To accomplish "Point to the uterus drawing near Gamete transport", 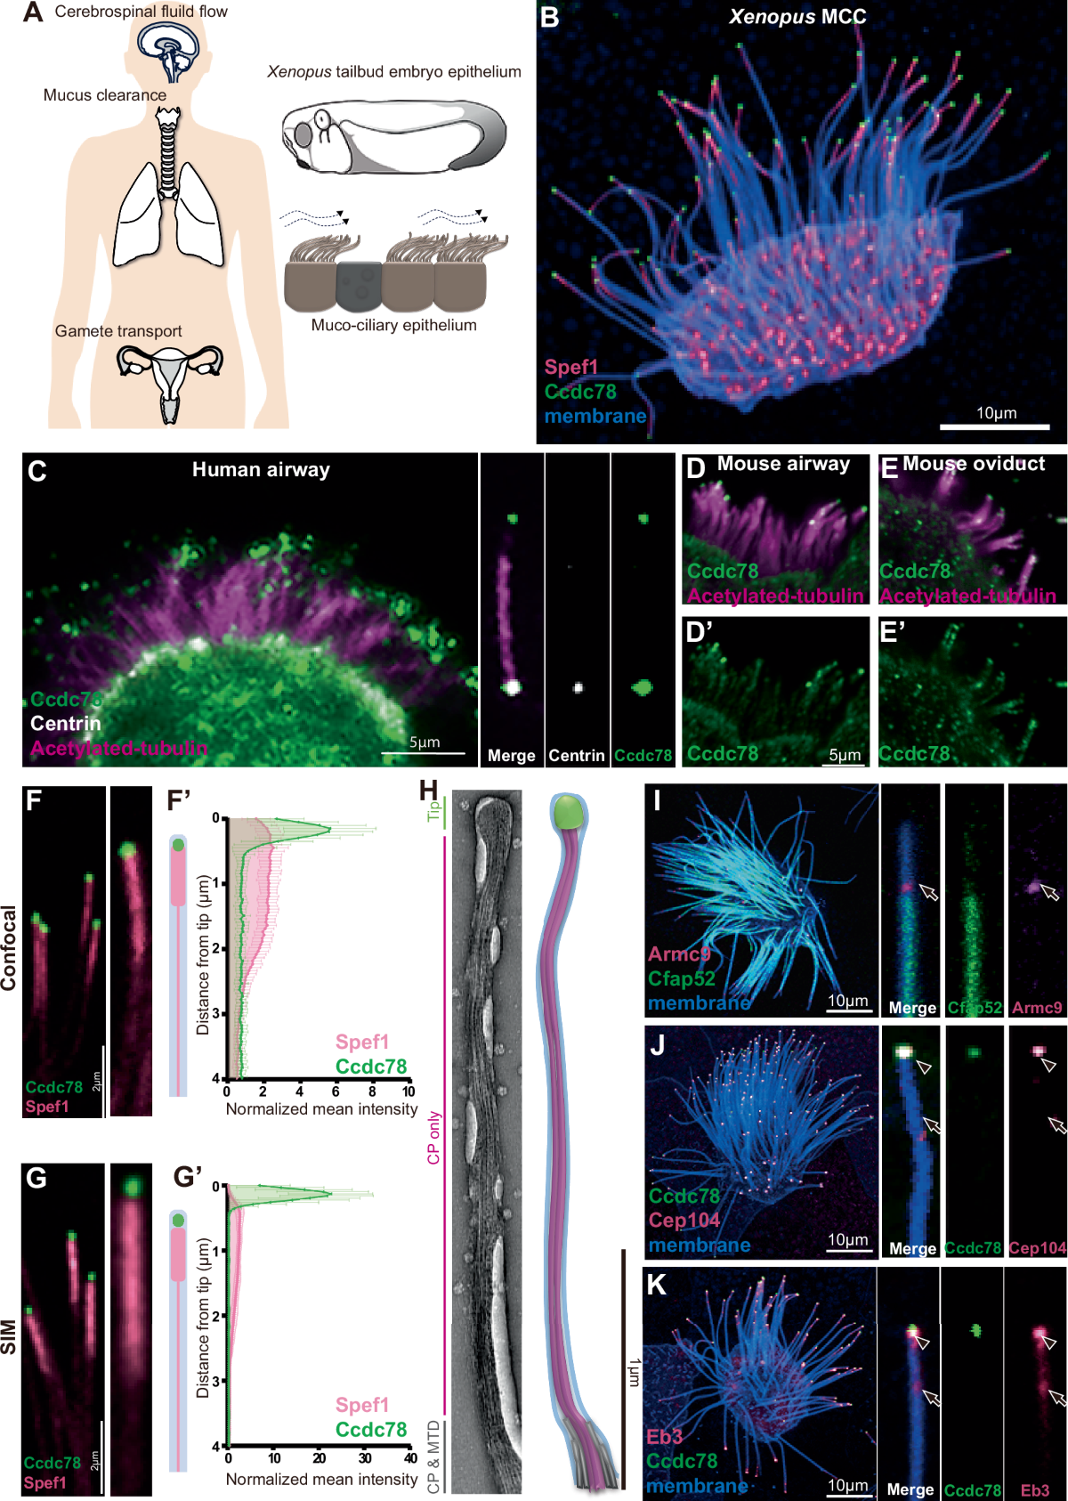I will [169, 374].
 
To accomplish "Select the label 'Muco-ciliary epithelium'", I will [393, 326].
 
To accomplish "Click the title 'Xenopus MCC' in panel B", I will [797, 17].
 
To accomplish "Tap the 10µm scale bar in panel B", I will [995, 426].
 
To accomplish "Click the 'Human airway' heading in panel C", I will [261, 470].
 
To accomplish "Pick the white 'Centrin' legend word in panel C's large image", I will [66, 724].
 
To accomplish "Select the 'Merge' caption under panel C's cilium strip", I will [511, 756].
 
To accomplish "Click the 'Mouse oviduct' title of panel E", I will [974, 464].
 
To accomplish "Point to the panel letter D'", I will [700, 632].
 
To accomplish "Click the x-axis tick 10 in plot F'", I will [409, 1091].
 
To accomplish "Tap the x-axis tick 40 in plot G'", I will [410, 1458].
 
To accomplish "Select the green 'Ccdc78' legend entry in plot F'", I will [371, 1067].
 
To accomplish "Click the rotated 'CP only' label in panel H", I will [434, 1138].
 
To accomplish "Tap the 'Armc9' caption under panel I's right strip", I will [1037, 1008].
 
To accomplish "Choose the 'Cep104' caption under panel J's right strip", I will [1037, 1248].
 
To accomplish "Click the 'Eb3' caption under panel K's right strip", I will [1035, 1490].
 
